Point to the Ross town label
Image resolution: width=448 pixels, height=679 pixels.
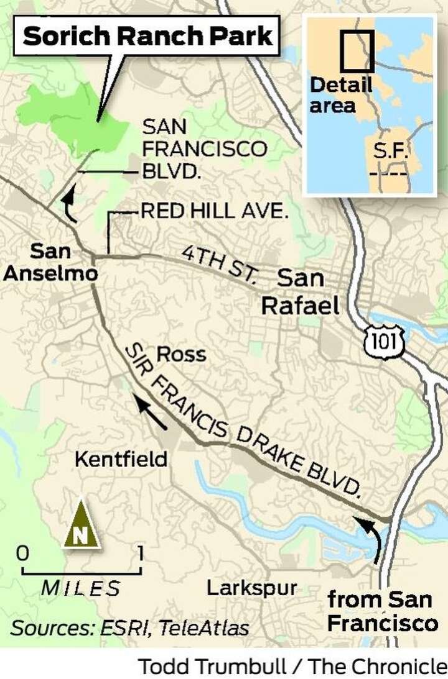point(181,354)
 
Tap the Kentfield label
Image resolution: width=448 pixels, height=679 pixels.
point(121,459)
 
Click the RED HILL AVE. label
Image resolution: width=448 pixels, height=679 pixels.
point(214,211)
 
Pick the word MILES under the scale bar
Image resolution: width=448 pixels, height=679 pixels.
point(81,588)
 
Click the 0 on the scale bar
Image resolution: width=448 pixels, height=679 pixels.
point(22,552)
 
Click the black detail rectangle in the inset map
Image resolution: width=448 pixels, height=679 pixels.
point(357,50)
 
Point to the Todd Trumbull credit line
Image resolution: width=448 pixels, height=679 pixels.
point(292,666)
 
